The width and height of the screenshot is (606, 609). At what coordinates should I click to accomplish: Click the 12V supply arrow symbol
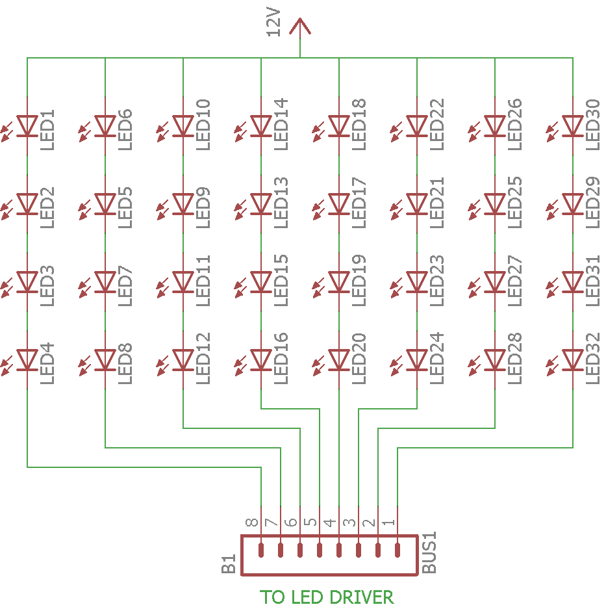299,27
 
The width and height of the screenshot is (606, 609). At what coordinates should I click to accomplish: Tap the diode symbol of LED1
27,125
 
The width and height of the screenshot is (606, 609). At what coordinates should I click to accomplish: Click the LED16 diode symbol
261,359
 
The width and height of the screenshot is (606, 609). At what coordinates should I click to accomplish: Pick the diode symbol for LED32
573,359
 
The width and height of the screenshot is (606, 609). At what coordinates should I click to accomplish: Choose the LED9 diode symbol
183,203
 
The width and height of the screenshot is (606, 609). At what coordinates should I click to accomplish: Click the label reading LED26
514,124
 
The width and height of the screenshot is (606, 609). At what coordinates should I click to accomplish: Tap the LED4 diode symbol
27,359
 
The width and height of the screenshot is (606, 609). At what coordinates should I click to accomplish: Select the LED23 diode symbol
417,281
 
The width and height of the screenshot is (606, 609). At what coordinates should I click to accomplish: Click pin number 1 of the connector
388,523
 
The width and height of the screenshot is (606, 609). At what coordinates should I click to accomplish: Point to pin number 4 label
330,523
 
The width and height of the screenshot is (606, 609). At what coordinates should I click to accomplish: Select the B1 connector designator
228,564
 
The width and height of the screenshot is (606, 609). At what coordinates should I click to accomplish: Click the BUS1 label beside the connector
430,553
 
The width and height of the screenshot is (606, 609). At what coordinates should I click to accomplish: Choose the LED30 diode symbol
573,125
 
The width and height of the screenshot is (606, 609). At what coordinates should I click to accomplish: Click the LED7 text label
125,281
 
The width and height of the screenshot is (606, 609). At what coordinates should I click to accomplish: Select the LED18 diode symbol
339,125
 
